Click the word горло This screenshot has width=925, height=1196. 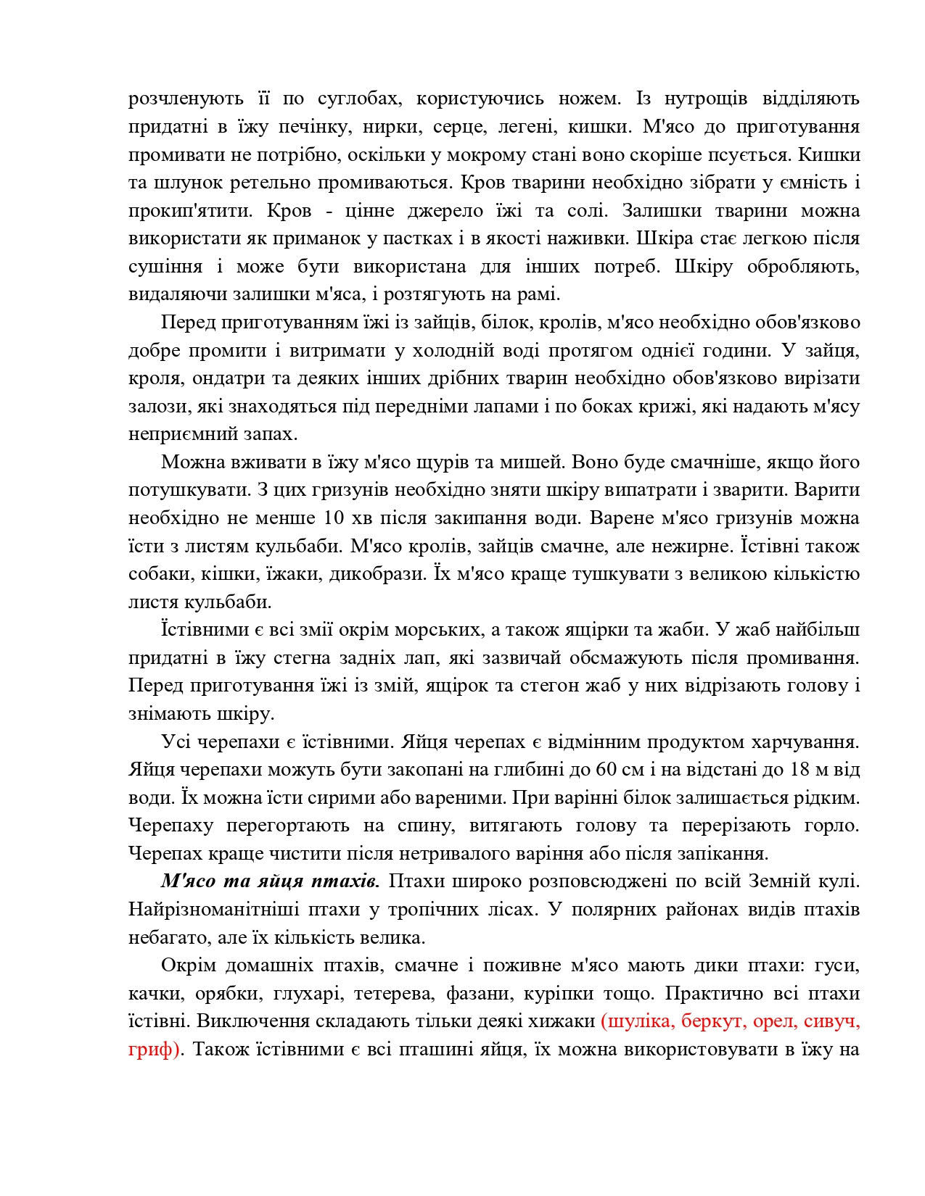(x=834, y=826)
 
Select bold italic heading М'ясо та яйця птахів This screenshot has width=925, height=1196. (x=269, y=881)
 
